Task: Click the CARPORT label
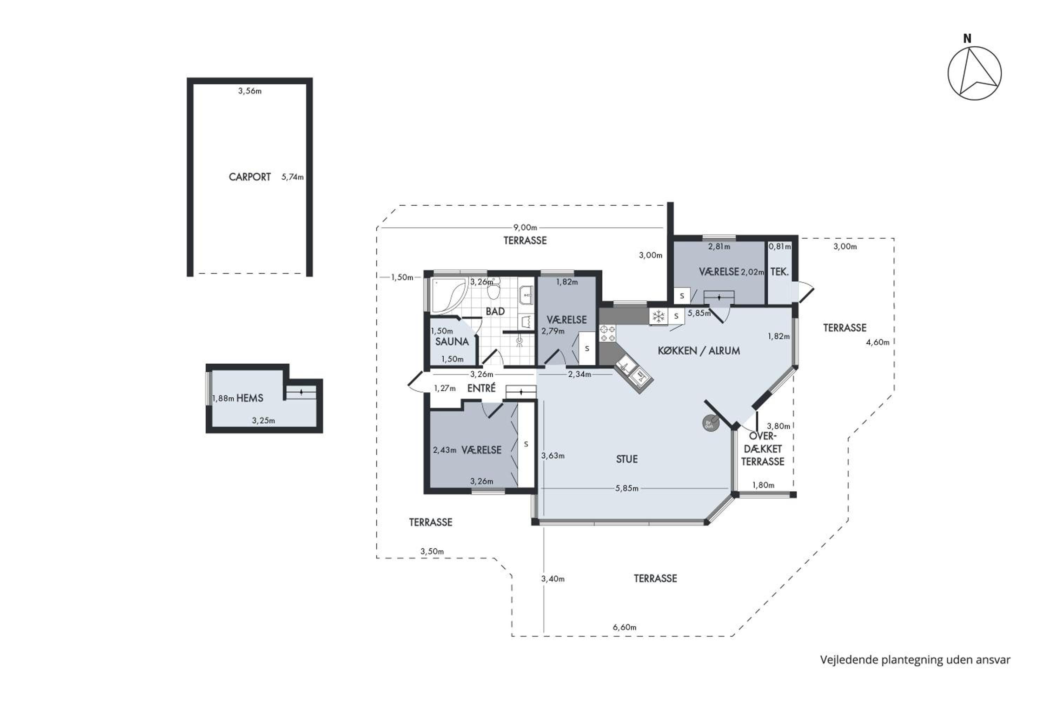pyautogui.click(x=250, y=177)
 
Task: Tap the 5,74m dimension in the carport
pyautogui.click(x=292, y=177)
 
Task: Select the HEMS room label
pyautogui.click(x=250, y=398)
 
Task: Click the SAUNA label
pyautogui.click(x=452, y=342)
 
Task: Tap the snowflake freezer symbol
pyautogui.click(x=658, y=317)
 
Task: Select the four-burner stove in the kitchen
pyautogui.click(x=608, y=333)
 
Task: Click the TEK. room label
pyautogui.click(x=780, y=272)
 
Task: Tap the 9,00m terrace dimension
pyautogui.click(x=525, y=228)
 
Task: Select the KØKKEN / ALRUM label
pyautogui.click(x=699, y=351)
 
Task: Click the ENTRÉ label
pyautogui.click(x=481, y=388)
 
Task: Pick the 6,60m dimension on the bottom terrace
pyautogui.click(x=624, y=627)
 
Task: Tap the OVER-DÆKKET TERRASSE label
pyautogui.click(x=762, y=449)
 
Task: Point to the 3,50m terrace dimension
pyautogui.click(x=432, y=551)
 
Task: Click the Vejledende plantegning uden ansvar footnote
pyautogui.click(x=915, y=660)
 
